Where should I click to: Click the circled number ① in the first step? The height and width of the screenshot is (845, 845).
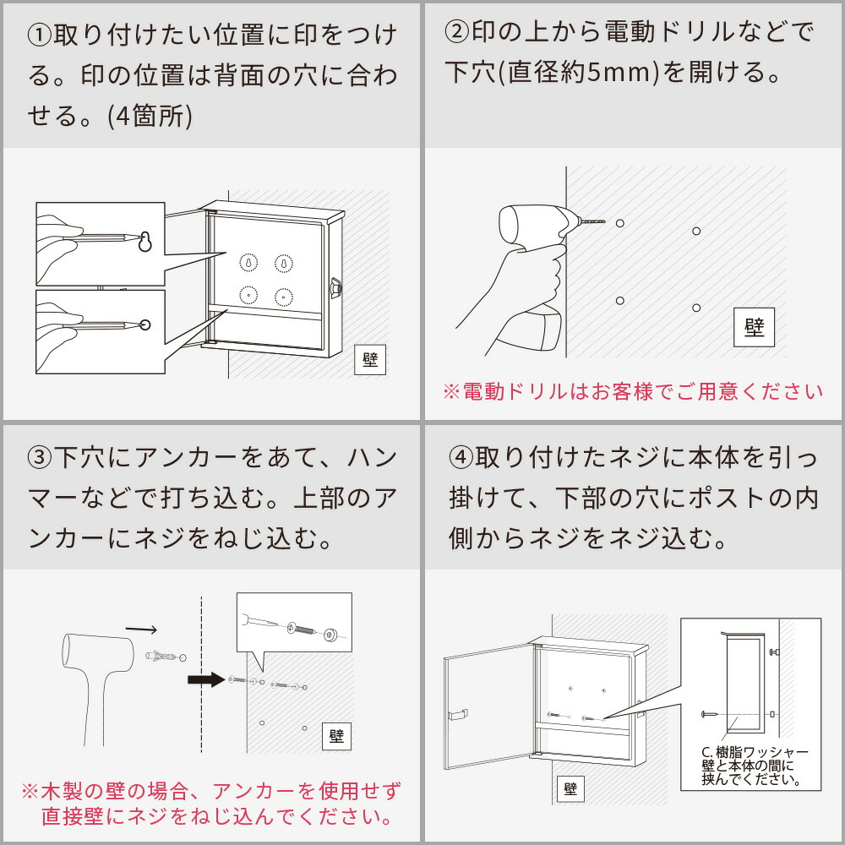click(40, 36)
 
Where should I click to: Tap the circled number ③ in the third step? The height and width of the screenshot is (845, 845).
click(40, 459)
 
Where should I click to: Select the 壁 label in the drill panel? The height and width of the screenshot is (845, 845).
click(754, 327)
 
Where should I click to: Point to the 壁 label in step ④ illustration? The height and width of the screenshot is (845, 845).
click(570, 789)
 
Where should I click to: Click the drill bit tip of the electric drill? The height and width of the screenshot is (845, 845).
click(603, 222)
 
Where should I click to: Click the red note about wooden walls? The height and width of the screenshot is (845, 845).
click(210, 804)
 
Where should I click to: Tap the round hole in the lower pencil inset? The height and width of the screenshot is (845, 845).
click(144, 324)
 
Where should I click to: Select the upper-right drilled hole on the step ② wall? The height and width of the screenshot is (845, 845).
click(695, 231)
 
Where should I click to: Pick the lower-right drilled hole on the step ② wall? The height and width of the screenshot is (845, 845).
click(695, 308)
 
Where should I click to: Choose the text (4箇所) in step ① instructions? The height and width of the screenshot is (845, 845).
click(150, 116)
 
